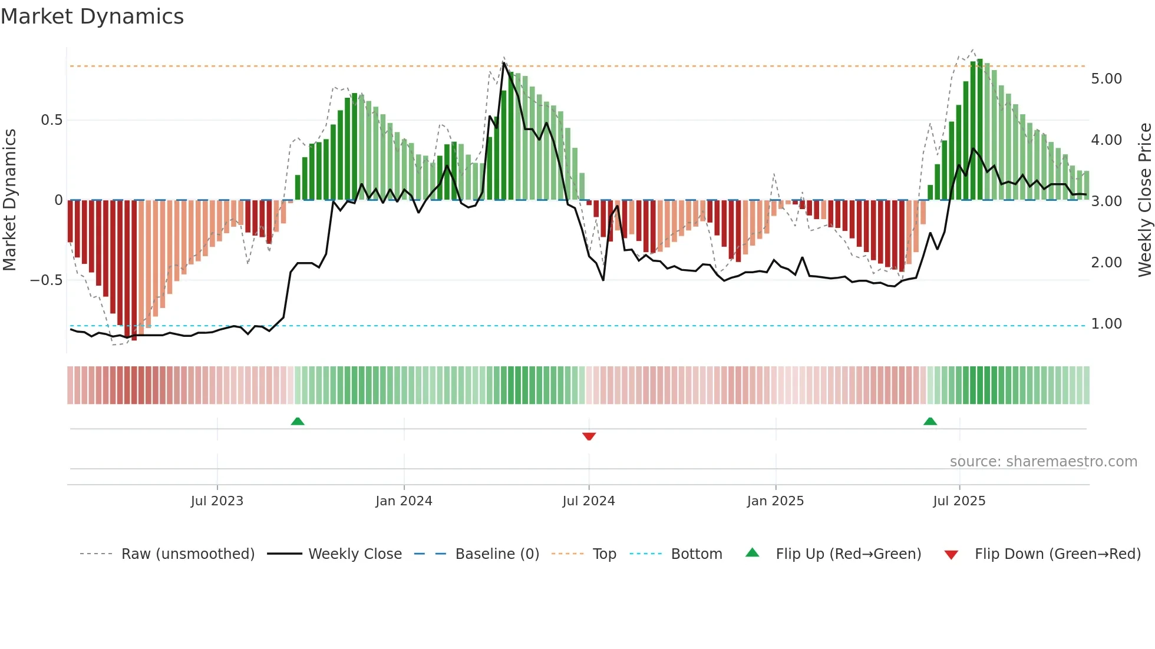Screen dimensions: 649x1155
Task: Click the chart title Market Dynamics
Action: point(92,16)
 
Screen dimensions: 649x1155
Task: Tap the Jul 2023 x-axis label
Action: point(217,501)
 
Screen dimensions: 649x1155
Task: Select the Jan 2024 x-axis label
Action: point(404,501)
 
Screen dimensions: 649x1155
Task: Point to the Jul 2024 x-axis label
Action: point(588,501)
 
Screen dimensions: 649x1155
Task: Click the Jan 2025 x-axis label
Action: point(775,501)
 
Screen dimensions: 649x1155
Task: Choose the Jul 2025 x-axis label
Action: point(959,501)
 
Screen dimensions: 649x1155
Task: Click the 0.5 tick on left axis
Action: point(51,120)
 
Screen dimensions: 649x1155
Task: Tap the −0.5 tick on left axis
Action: point(46,280)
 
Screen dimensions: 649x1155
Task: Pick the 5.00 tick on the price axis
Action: point(1106,79)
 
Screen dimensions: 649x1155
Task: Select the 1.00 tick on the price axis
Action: point(1106,324)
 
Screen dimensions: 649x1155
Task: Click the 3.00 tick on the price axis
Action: point(1106,201)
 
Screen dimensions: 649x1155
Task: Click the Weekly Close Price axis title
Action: point(1144,200)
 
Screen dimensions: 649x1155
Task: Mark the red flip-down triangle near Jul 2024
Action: point(589,436)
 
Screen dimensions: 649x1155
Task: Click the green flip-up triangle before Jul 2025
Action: point(930,421)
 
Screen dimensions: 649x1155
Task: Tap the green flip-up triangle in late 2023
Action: point(298,421)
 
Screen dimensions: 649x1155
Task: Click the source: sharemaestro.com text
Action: point(1043,462)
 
